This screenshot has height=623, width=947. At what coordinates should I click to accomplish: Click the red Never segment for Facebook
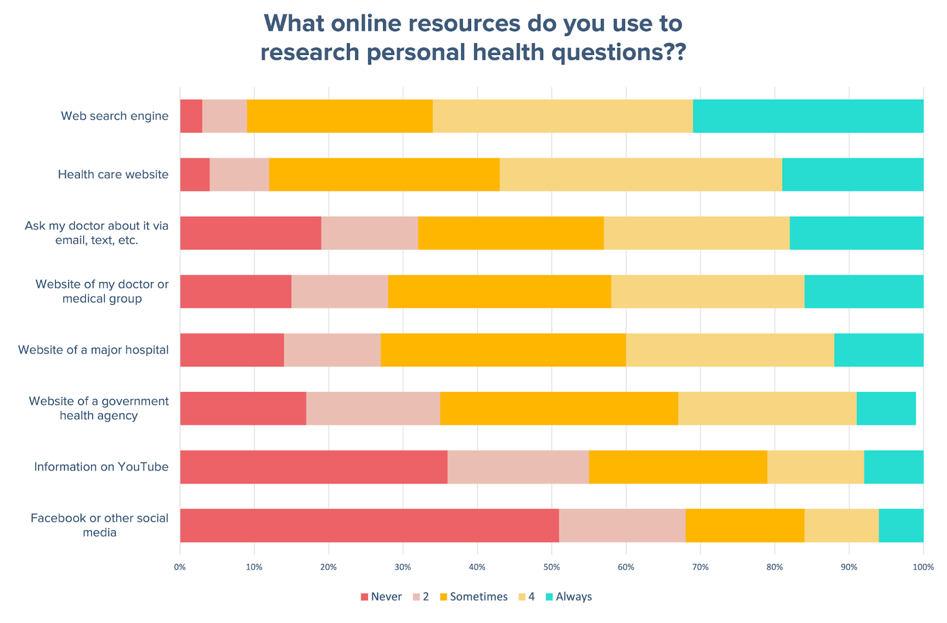click(369, 525)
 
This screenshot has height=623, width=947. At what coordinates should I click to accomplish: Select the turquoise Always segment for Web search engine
click(808, 116)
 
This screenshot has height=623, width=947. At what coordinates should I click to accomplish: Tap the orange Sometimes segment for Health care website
click(384, 175)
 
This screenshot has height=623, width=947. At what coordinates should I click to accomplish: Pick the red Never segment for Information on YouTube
click(314, 467)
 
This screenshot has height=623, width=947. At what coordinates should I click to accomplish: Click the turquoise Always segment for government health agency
click(886, 409)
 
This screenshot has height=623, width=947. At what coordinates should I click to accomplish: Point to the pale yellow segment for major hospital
click(730, 350)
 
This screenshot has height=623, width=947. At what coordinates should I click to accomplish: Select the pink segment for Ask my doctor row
click(369, 233)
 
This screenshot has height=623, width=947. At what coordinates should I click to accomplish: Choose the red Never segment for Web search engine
click(191, 116)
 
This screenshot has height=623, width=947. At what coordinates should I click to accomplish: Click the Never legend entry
click(381, 596)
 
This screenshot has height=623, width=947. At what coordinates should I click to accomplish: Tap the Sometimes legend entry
click(474, 596)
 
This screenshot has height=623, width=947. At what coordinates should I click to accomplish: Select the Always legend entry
click(568, 596)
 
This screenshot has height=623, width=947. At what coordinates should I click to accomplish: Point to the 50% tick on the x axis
click(552, 567)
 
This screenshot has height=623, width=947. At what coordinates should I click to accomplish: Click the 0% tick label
click(180, 567)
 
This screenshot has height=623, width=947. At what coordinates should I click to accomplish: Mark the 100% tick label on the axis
click(923, 567)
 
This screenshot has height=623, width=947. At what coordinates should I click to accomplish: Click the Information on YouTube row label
click(101, 467)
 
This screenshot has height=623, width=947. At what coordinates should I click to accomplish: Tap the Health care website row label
click(113, 175)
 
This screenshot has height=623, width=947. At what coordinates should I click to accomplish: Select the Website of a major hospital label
click(94, 350)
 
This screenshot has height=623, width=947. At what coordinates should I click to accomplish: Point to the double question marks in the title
click(675, 52)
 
